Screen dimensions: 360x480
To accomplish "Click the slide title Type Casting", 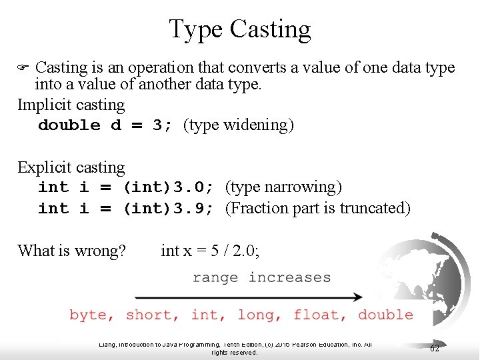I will click(x=239, y=29).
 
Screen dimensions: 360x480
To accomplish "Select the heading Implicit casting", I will click(x=71, y=105).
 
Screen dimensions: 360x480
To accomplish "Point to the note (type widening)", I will click(x=238, y=125).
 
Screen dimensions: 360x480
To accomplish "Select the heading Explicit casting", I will click(x=71, y=167).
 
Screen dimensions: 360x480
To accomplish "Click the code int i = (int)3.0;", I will click(x=126, y=187).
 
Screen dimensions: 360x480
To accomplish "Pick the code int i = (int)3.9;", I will click(x=126, y=208).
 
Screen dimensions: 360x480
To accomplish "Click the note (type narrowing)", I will click(x=283, y=187).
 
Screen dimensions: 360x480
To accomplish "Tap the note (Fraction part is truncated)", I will click(x=317, y=208).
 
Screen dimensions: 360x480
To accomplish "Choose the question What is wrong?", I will click(x=71, y=251).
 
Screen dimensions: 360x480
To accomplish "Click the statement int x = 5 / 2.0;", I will click(x=211, y=251).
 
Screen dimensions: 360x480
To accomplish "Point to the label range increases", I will click(x=261, y=277).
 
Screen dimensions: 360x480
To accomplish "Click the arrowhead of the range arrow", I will click(x=358, y=297).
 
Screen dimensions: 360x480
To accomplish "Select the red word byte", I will click(x=91, y=315).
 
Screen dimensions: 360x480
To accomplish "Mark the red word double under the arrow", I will click(x=385, y=315).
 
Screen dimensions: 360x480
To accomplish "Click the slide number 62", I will click(x=435, y=348).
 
